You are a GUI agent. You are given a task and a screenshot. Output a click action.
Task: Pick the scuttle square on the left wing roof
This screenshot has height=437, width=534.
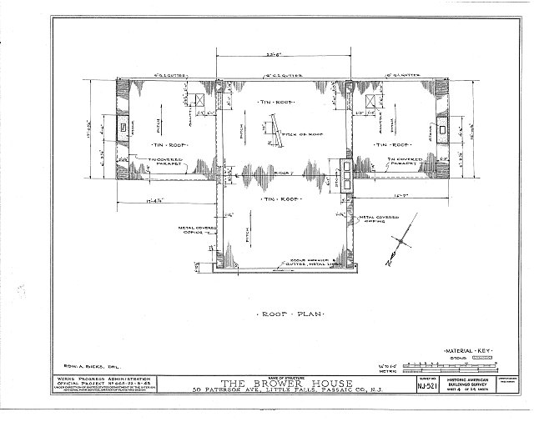200,100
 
